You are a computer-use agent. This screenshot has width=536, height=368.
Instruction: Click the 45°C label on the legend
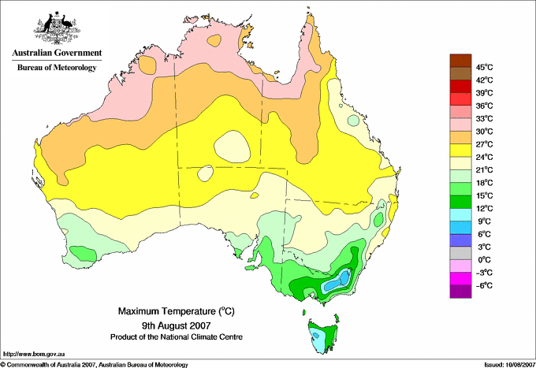485,67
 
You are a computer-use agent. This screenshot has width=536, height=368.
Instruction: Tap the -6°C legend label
485,285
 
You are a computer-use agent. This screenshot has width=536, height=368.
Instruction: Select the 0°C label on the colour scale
485,260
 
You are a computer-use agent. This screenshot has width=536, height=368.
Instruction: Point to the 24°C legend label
485,157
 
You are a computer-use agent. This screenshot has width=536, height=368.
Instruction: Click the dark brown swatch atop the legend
460,61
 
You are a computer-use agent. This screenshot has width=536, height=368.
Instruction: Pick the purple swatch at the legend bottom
460,292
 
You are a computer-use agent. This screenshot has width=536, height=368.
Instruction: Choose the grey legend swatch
460,253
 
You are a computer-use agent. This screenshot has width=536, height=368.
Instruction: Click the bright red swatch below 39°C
460,99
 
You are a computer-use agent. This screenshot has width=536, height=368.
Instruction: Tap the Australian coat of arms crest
57,28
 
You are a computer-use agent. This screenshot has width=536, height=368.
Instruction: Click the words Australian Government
57,53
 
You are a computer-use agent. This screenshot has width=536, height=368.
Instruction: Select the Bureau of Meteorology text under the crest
57,67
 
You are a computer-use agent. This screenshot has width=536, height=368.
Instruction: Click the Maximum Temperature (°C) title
177,311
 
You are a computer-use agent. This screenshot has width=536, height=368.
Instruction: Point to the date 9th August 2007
177,325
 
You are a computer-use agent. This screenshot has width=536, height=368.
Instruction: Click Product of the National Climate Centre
177,337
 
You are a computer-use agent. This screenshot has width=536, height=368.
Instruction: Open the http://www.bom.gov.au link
34,355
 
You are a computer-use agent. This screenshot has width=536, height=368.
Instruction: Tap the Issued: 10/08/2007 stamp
509,365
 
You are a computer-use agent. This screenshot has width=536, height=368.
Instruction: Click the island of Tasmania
323,335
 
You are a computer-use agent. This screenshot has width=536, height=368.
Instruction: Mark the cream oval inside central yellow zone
232,147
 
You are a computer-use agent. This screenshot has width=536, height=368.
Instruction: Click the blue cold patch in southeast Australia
337,281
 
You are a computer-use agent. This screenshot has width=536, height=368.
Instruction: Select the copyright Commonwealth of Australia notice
95,365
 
